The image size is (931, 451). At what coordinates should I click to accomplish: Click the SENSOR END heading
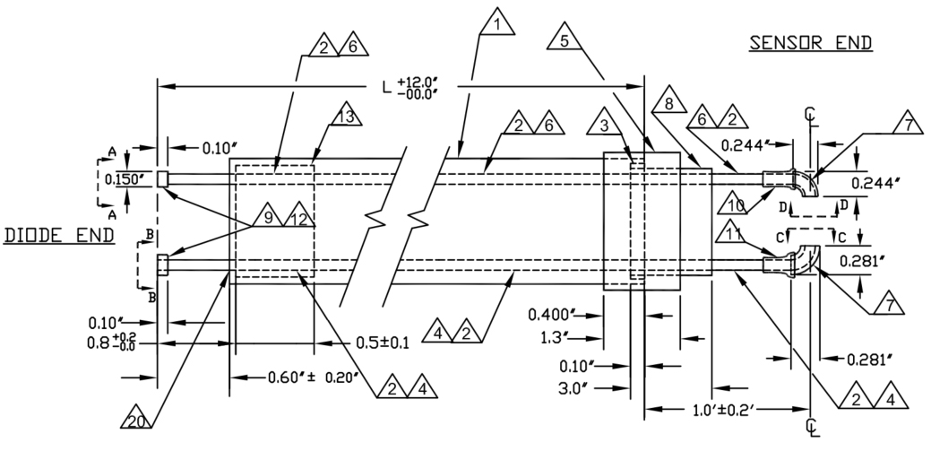[x=811, y=42]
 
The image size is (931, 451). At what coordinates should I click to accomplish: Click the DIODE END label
[x=60, y=236]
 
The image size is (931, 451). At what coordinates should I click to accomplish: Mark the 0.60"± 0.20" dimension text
[x=314, y=377]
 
